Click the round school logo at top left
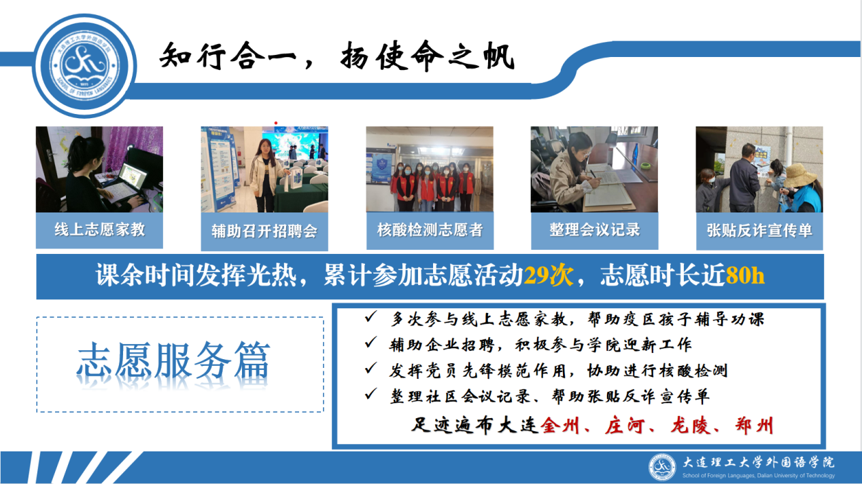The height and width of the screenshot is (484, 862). pos(85,66)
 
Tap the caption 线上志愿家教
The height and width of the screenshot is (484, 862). pos(100,229)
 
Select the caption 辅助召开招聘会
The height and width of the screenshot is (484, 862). pos(264,231)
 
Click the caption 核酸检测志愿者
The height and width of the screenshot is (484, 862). pos(430,230)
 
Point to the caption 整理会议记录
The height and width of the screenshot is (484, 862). pos(595,229)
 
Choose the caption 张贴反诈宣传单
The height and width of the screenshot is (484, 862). pos(759,231)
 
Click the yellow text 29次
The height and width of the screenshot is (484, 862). pos(549,275)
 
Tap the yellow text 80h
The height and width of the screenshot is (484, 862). pos(745,275)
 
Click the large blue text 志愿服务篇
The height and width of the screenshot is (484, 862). pos(173,360)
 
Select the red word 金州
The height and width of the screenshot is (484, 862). pos(560,426)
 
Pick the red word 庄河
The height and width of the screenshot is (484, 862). pos(625,426)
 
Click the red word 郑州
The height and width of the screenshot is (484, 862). pos(755,426)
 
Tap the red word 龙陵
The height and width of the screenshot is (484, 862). pos(689,426)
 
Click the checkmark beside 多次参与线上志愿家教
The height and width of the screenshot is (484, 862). pos(370,317)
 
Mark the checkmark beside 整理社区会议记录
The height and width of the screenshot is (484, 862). pos(370,394)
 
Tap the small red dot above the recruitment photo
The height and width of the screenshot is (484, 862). pos(276,123)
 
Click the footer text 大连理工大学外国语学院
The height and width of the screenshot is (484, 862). pos(759,462)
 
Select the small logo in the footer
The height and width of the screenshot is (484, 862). pos(662,467)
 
